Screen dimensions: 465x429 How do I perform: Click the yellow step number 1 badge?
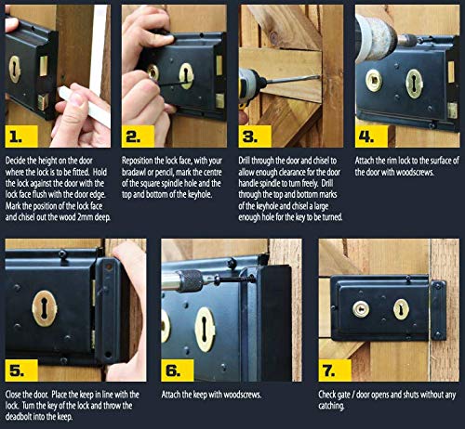[21, 136]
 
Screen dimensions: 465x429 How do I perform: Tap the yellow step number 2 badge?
[138, 136]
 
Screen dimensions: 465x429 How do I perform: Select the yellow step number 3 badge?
[255, 136]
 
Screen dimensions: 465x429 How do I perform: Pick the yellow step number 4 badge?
[371, 136]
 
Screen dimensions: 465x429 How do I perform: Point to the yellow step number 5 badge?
[21, 370]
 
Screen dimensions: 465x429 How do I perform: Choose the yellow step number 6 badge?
[178, 370]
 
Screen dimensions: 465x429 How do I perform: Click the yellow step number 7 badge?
[335, 370]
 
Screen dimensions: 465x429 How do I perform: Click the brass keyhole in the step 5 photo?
[45, 308]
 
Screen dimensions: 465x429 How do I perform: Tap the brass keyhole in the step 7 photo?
[401, 309]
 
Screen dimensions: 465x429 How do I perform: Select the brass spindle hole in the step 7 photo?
[361, 309]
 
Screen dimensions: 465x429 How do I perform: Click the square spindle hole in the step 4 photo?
[374, 81]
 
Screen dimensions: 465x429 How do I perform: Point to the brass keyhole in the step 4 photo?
[415, 84]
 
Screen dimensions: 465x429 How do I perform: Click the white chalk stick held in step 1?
[84, 105]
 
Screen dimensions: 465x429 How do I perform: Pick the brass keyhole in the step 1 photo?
[15, 70]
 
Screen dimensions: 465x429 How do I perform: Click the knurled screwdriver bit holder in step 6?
[190, 281]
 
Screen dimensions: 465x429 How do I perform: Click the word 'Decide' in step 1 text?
[16, 161]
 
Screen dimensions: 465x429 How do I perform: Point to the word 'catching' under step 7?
[331, 406]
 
